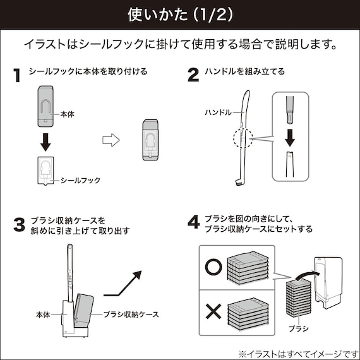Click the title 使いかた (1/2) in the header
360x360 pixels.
click(179, 14)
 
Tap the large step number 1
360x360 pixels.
click(17, 75)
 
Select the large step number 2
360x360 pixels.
click(194, 75)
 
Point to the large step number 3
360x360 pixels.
click(18, 225)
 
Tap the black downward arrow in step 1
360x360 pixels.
click(45, 143)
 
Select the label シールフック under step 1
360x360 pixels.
click(80, 181)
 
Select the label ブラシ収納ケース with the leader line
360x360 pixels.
click(130, 314)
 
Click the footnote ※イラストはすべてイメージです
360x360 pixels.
click(297, 352)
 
